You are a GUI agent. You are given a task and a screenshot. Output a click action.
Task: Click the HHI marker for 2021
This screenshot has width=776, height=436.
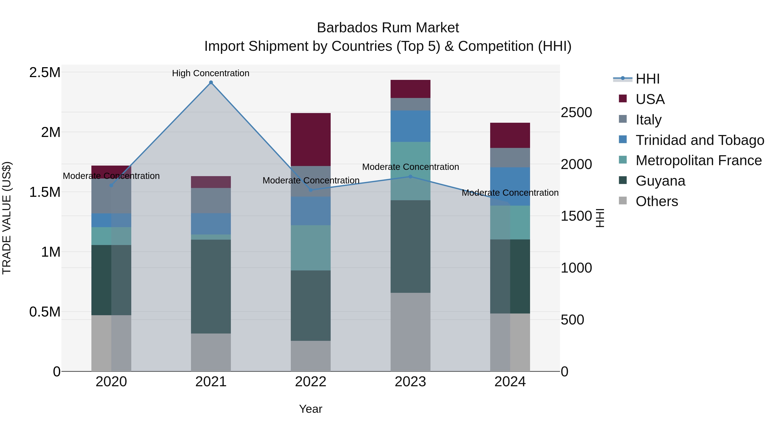pyautogui.click(x=211, y=82)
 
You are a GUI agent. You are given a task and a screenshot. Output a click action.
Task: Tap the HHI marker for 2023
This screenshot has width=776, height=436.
pyautogui.click(x=410, y=177)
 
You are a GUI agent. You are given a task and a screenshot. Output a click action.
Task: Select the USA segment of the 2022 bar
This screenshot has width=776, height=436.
pyautogui.click(x=311, y=139)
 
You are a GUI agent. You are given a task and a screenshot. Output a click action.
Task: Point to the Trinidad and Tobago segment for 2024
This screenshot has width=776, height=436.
pyautogui.click(x=510, y=186)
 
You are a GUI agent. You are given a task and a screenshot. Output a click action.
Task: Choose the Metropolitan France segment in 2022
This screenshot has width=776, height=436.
pyautogui.click(x=311, y=248)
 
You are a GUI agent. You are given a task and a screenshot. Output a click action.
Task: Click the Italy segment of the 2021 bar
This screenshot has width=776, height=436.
pyautogui.click(x=211, y=200)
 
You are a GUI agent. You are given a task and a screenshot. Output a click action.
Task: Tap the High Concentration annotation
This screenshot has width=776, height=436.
pyautogui.click(x=211, y=73)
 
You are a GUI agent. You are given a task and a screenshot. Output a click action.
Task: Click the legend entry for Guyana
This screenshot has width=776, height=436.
pyautogui.click(x=660, y=181)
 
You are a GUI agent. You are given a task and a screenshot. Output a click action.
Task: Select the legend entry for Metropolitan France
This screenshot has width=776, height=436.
pyautogui.click(x=698, y=160)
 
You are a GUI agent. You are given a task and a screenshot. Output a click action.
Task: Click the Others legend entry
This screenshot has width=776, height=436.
pyautogui.click(x=657, y=201)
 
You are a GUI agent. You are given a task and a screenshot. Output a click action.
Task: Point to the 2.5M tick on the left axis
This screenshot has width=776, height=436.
pyautogui.click(x=45, y=73)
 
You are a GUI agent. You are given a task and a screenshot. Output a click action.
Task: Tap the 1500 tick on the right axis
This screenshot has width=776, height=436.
pyautogui.click(x=576, y=216)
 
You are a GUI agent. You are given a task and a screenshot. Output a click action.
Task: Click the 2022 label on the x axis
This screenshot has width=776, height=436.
pyautogui.click(x=311, y=382)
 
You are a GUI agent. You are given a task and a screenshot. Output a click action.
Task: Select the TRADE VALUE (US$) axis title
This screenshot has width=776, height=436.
pyautogui.click(x=7, y=218)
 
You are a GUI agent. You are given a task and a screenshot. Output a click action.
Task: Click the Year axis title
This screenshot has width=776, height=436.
pyautogui.click(x=311, y=409)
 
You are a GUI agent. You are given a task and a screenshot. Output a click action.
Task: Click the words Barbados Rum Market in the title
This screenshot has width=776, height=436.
pyautogui.click(x=388, y=28)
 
